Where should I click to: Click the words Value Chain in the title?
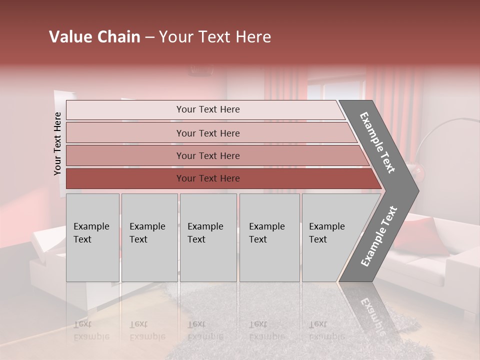[94, 37]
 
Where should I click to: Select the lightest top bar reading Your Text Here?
[208, 109]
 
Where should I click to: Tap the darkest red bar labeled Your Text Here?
[208, 178]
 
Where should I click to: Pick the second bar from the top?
[208, 133]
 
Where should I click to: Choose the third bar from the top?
[208, 155]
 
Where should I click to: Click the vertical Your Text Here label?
[57, 143]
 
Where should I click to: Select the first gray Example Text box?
[92, 237]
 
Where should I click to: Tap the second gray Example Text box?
[149, 237]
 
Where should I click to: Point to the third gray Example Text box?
[208, 237]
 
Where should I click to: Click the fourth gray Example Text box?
[269, 237]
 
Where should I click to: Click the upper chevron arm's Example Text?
[377, 142]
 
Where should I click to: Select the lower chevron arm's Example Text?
[378, 236]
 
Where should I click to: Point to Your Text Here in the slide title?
[215, 37]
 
